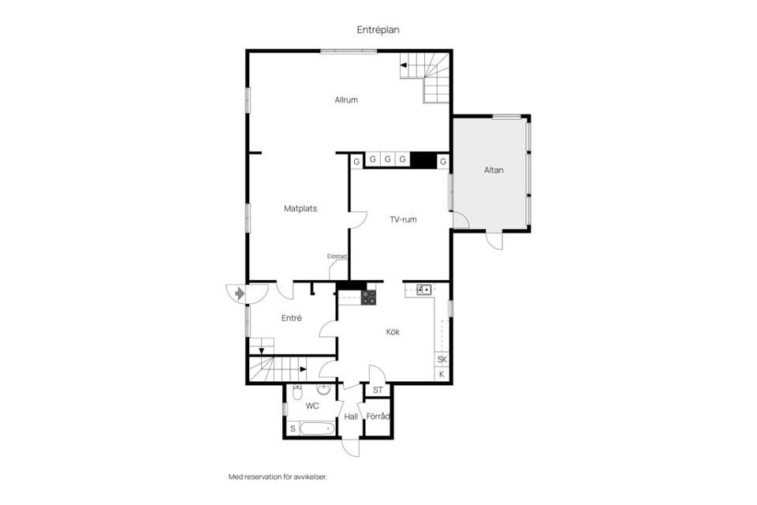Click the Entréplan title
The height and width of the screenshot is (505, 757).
click(378, 30)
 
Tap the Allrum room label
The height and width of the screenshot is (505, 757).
click(346, 100)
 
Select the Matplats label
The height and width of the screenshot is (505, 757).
click(300, 209)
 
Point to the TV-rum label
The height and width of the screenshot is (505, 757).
click(403, 219)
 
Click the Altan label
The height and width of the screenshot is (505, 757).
click(494, 170)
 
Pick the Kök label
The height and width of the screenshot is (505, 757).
click(393, 332)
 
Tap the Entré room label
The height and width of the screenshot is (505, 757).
click(292, 318)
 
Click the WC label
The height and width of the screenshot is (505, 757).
click(312, 406)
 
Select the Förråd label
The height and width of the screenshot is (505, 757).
click(378, 416)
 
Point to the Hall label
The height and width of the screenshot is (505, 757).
click(351, 417)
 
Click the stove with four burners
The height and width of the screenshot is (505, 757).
click(369, 297)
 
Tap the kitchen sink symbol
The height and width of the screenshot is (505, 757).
click(424, 290)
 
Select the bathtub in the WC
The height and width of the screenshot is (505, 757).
click(317, 428)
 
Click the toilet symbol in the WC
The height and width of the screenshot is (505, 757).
click(297, 392)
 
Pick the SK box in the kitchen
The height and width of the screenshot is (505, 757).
click(442, 360)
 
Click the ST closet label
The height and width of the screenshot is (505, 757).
click(378, 390)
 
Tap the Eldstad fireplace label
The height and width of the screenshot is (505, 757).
click(337, 256)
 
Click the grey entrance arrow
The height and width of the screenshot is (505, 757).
click(240, 294)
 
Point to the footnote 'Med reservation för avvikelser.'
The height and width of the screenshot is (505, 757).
click(278, 477)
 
